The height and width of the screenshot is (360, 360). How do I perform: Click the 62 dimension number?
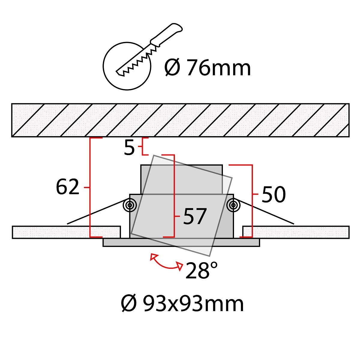(67, 187)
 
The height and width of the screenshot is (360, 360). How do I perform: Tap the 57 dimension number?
(195, 216)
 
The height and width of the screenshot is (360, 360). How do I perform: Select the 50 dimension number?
(274, 194)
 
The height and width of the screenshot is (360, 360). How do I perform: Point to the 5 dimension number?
(129, 148)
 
